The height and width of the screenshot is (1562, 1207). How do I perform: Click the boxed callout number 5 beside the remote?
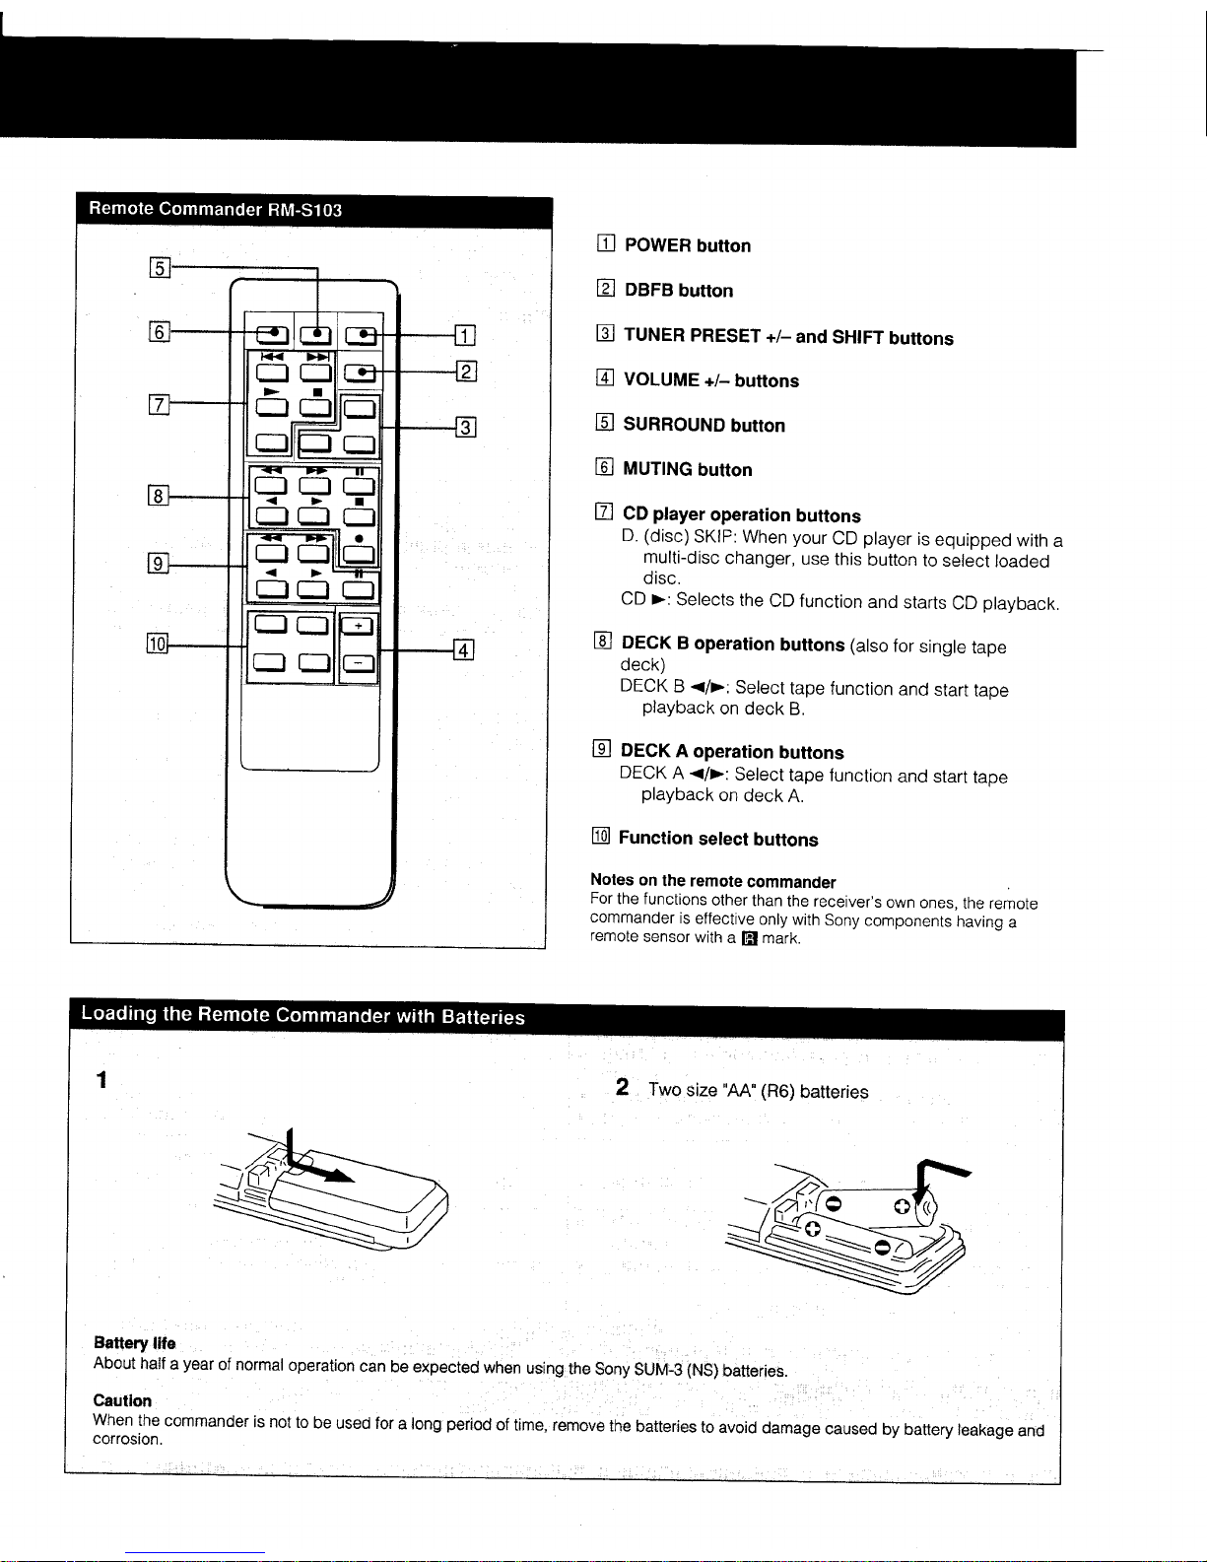158,267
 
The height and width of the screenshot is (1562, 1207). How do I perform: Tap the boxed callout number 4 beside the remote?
464,649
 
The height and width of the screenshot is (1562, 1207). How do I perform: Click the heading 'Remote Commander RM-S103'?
215,209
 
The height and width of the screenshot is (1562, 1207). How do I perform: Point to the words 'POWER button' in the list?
687,245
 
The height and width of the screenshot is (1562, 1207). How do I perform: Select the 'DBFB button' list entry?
678,291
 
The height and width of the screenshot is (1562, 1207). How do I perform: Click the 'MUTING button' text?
687,470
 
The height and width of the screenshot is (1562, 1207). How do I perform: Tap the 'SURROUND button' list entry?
704,426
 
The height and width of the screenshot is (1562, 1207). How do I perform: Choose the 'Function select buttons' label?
717,839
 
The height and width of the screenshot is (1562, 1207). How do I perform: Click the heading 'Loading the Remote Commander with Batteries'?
302,1016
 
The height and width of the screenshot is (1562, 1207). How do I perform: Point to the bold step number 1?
101,1081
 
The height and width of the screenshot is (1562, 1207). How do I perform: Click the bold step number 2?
622,1087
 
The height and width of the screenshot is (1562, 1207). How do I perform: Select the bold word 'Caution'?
122,1400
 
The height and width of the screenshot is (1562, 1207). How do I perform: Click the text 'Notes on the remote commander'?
712,881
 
